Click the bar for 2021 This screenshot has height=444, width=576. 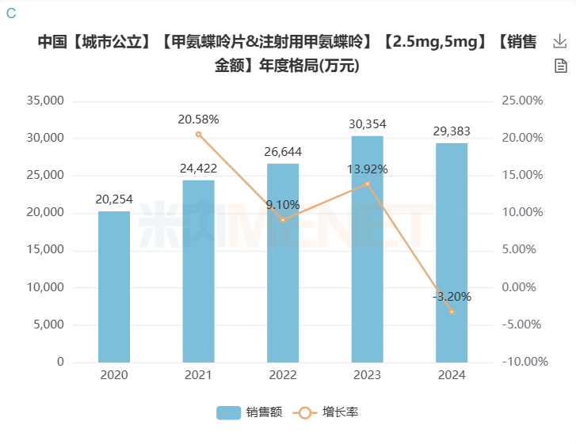pyautogui.click(x=198, y=271)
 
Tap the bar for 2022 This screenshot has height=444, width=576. pyautogui.click(x=283, y=263)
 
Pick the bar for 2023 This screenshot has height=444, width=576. pyautogui.click(x=367, y=249)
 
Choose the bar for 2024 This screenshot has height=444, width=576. pyautogui.click(x=452, y=252)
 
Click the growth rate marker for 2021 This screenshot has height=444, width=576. pyautogui.click(x=198, y=135)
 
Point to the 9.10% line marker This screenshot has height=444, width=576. pyautogui.click(x=283, y=220)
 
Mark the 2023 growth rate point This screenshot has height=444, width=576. pyautogui.click(x=367, y=184)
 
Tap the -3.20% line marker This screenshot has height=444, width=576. pyautogui.click(x=452, y=312)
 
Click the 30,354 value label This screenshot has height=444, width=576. pyautogui.click(x=367, y=124)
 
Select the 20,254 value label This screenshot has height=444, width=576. pyautogui.click(x=114, y=199)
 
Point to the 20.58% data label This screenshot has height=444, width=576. pyautogui.click(x=198, y=120)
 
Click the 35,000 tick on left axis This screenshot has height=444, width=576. pyautogui.click(x=45, y=101)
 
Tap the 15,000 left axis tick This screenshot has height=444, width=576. pyautogui.click(x=45, y=250)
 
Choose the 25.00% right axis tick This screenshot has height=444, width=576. pyautogui.click(x=522, y=101)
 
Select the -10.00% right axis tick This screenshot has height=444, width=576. pyautogui.click(x=522, y=362)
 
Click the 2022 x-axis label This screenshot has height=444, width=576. pyautogui.click(x=283, y=374)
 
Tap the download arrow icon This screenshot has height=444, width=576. pyautogui.click(x=560, y=41)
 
